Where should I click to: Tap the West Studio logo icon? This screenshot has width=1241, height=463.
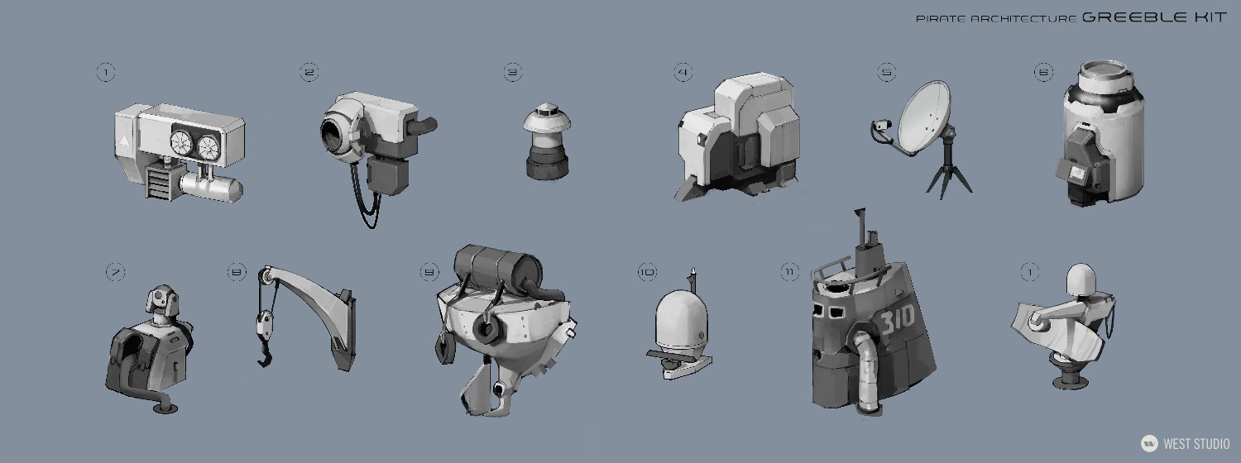(x=1148, y=443)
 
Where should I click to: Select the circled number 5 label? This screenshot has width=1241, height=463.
(x=887, y=73)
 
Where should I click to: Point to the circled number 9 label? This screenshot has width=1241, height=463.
(x=429, y=271)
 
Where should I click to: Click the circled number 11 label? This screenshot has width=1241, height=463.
(x=790, y=271)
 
